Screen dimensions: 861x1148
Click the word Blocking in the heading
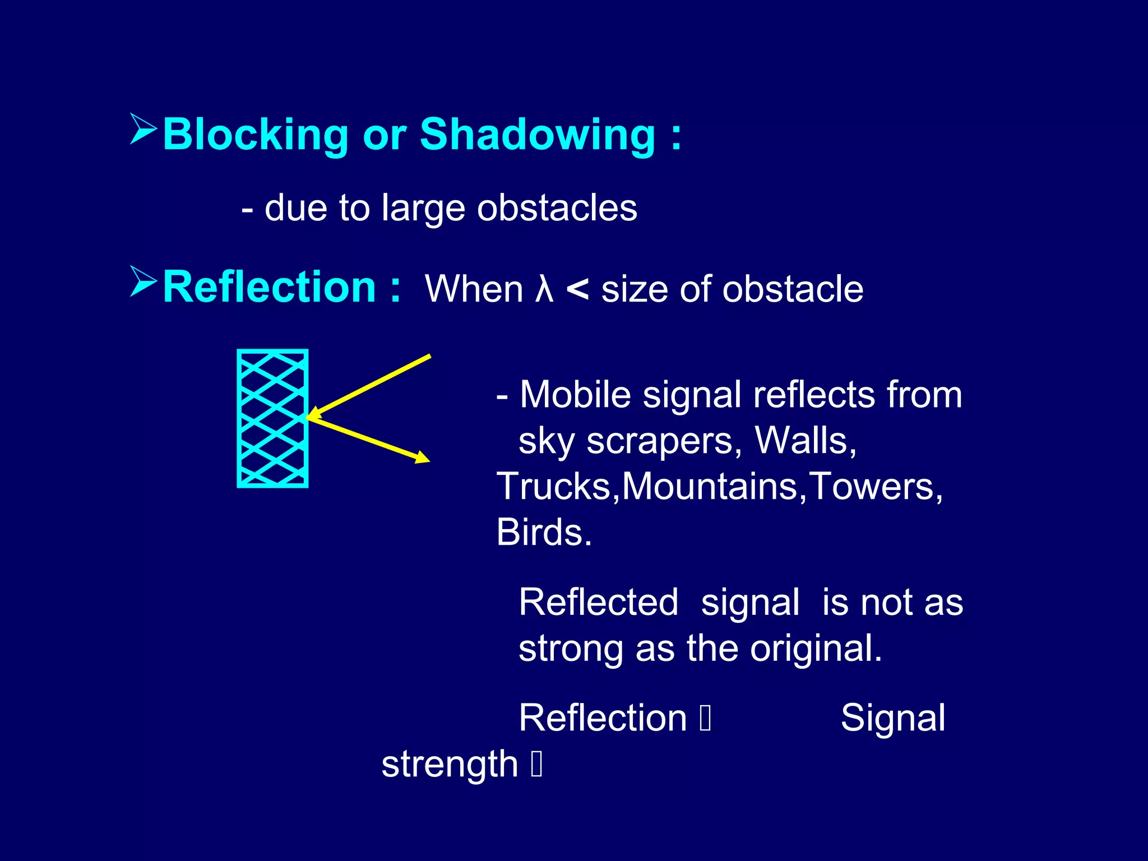click(x=255, y=135)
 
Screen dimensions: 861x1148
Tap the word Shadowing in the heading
click(x=537, y=135)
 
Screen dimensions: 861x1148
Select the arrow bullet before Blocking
click(x=143, y=129)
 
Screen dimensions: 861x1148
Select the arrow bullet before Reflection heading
click(x=143, y=281)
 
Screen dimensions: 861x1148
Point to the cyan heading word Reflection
click(x=269, y=288)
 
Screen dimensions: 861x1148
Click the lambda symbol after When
click(x=544, y=290)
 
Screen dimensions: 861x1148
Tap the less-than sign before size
click(x=577, y=290)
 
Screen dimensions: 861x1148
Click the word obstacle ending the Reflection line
click(x=793, y=290)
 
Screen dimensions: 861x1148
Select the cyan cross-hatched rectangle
click(x=272, y=418)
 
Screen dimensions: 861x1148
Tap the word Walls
click(x=805, y=441)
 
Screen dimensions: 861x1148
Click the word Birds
click(x=543, y=533)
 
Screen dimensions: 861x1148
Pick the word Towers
click(x=876, y=487)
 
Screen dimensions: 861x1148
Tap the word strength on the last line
click(x=449, y=765)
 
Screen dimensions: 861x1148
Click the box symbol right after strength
click(x=536, y=765)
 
